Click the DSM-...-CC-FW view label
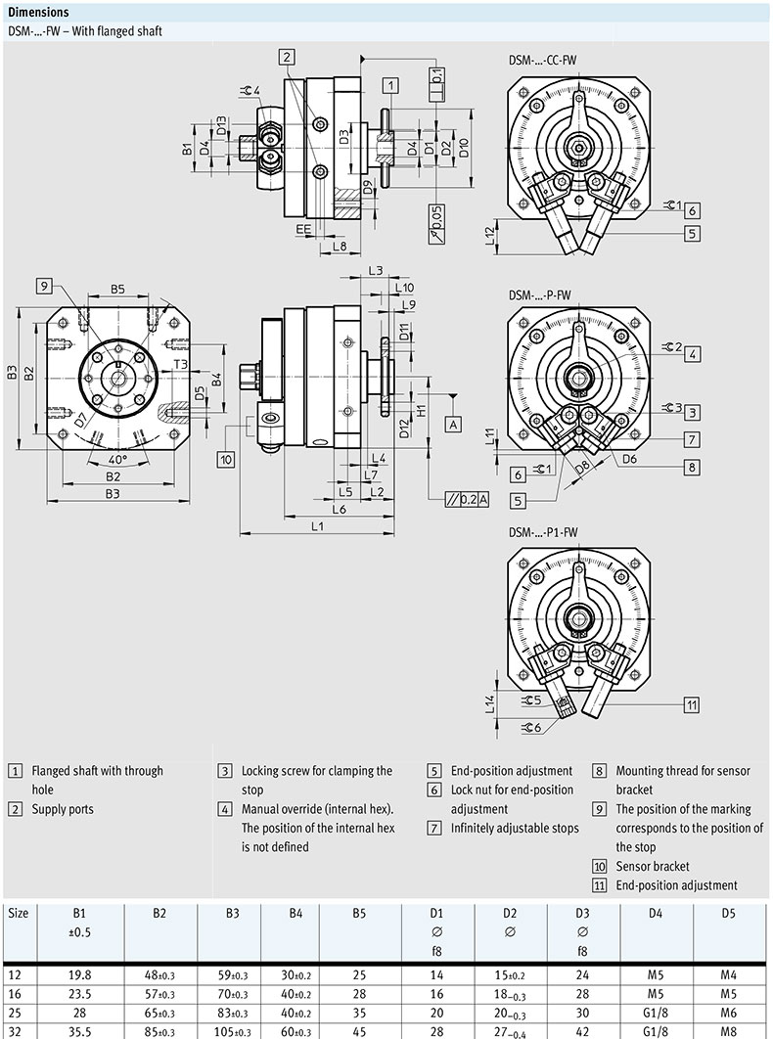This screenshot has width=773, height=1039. (542, 60)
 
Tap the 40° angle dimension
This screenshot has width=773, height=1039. (117, 459)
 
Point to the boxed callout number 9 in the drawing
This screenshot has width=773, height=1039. (44, 286)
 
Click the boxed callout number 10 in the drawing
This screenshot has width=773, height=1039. (226, 458)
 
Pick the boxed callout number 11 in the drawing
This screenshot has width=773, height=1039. (691, 703)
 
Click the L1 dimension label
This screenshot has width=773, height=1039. (319, 526)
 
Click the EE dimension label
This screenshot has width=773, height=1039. (304, 228)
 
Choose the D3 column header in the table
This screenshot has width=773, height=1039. (583, 913)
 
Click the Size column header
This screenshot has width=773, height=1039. (19, 913)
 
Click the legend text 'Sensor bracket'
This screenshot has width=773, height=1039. (652, 866)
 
